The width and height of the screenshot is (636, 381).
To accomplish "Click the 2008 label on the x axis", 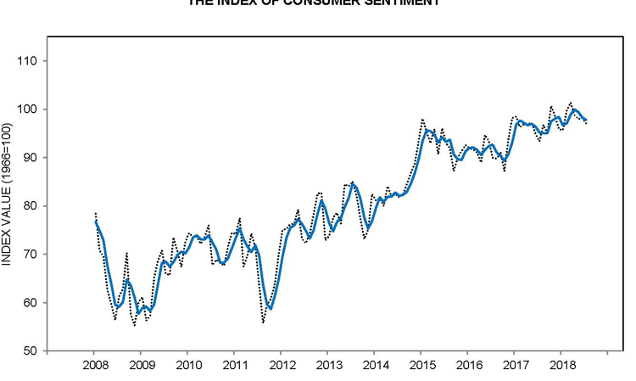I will [x=94, y=366].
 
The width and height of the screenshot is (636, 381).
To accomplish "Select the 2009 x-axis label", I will [x=141, y=366].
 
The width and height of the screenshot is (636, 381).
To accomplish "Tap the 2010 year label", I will [x=187, y=366].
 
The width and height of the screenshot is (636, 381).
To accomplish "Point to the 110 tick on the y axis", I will [x=30, y=61].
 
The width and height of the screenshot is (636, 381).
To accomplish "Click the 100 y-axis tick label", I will [x=30, y=109].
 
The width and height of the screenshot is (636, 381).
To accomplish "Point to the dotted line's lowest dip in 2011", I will [x=263, y=323].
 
